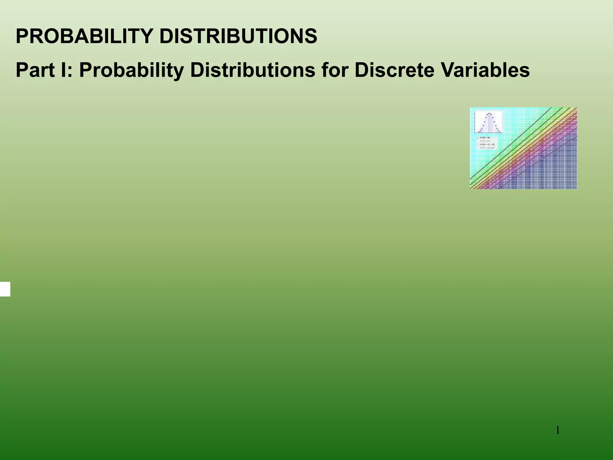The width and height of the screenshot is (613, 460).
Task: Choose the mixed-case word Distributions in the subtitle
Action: point(252,70)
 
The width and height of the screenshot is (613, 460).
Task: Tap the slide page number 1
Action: point(558,431)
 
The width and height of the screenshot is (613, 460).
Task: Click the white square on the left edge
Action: point(5,289)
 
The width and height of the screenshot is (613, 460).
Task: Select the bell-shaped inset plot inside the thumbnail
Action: point(489,122)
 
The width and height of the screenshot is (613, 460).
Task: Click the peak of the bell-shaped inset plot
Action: point(489,114)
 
